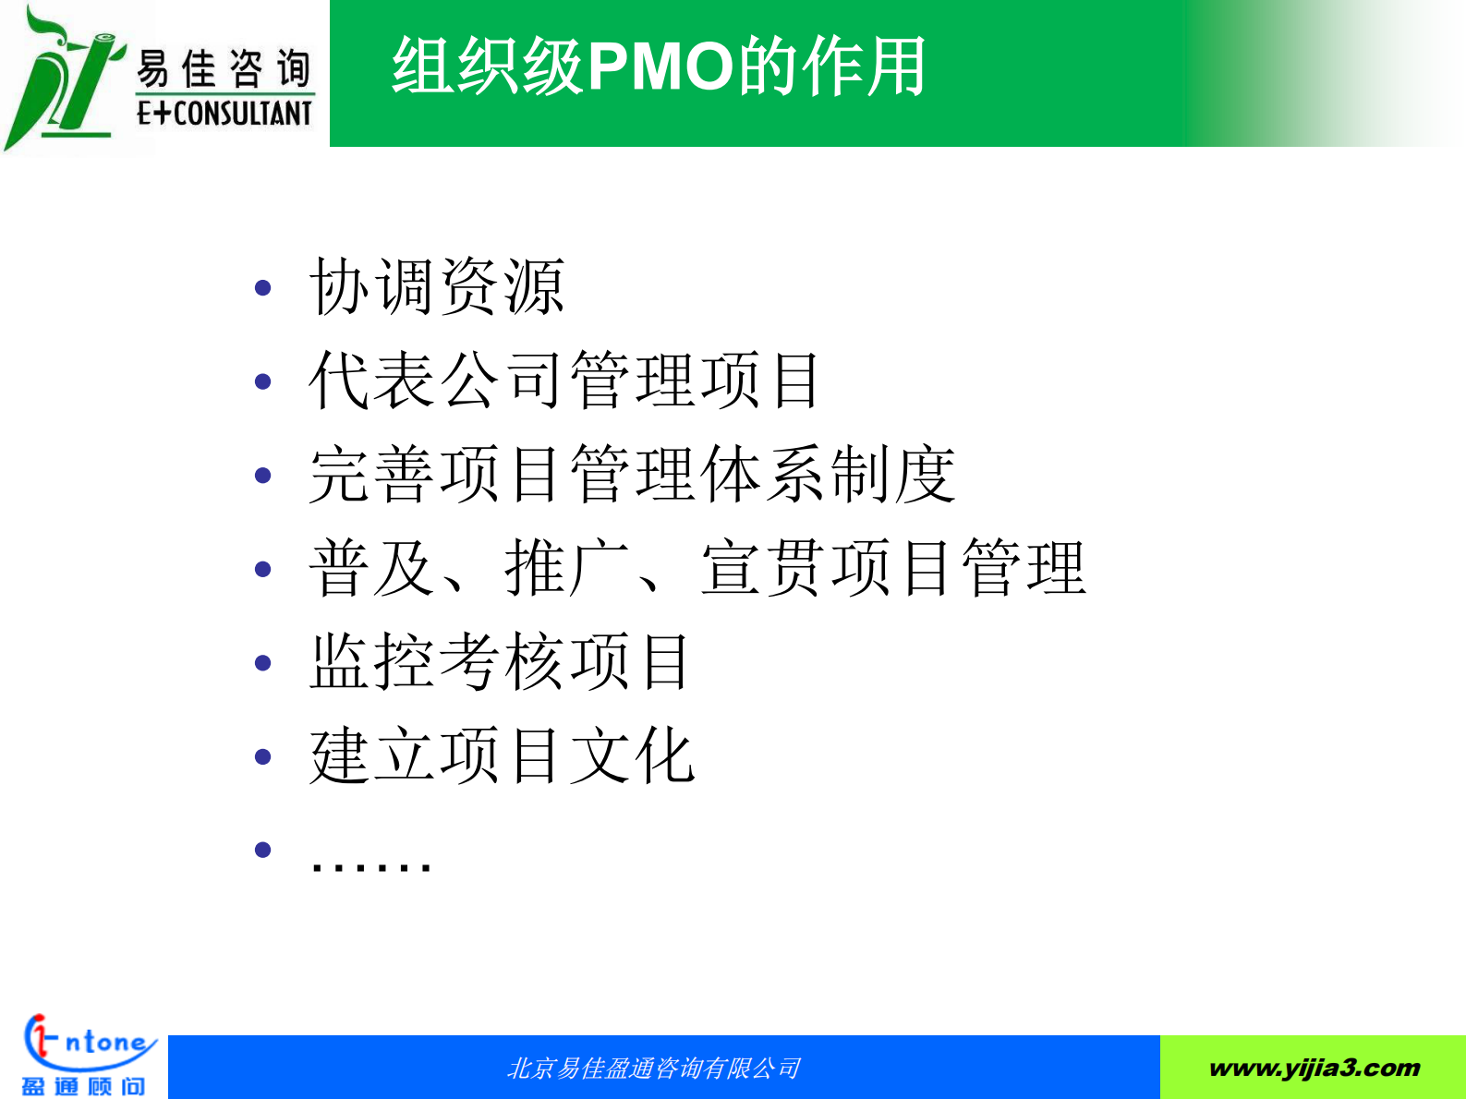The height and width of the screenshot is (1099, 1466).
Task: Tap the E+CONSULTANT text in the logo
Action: pos(224,114)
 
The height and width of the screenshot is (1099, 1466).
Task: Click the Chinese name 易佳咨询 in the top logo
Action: pos(224,69)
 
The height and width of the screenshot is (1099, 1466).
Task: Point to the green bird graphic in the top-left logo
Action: pos(60,78)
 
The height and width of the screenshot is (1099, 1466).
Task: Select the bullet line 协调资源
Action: pos(436,287)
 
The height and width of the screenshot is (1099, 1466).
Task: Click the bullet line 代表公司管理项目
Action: pos(564,380)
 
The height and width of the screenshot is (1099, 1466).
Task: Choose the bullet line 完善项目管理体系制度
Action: pos(632,475)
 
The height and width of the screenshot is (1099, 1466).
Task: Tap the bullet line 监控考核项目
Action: pos(499,662)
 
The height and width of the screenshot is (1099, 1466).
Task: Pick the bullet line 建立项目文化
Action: pos(502,756)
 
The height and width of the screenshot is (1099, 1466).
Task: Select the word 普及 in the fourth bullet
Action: pos(371,569)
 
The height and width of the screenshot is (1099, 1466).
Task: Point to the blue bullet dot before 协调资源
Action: pos(263,288)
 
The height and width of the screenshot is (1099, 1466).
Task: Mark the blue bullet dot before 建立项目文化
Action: pos(263,757)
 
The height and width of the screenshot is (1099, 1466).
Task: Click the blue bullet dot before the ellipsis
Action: pos(263,850)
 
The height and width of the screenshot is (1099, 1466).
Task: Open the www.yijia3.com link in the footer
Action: pos(1314,1069)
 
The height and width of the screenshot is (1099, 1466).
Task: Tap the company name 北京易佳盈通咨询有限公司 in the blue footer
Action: pos(654,1069)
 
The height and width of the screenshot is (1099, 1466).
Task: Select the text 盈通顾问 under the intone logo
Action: pos(83,1086)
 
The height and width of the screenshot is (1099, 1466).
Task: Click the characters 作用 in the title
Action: pos(865,66)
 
